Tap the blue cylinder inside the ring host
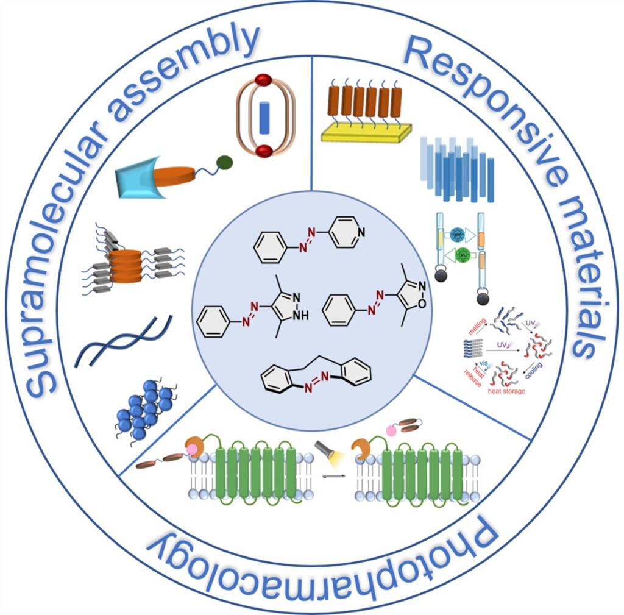coord(264,117)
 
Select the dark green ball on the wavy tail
coord(225,162)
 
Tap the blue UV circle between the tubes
coord(457,233)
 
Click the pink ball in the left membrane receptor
coord(193,449)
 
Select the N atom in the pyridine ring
coord(361,232)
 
